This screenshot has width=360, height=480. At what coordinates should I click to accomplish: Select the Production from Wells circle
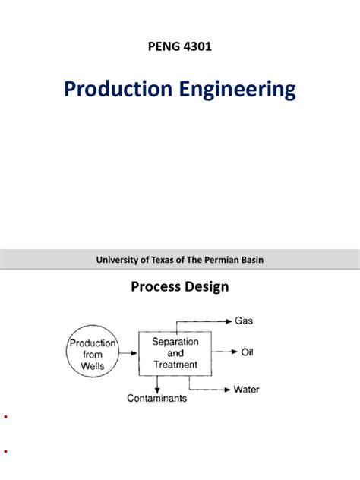93,352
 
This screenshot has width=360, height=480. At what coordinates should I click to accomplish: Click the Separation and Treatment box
175,353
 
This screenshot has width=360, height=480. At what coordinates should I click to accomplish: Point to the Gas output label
245,321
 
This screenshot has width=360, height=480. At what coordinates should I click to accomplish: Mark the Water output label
246,390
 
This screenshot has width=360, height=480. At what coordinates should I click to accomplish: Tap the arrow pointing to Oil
223,352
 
